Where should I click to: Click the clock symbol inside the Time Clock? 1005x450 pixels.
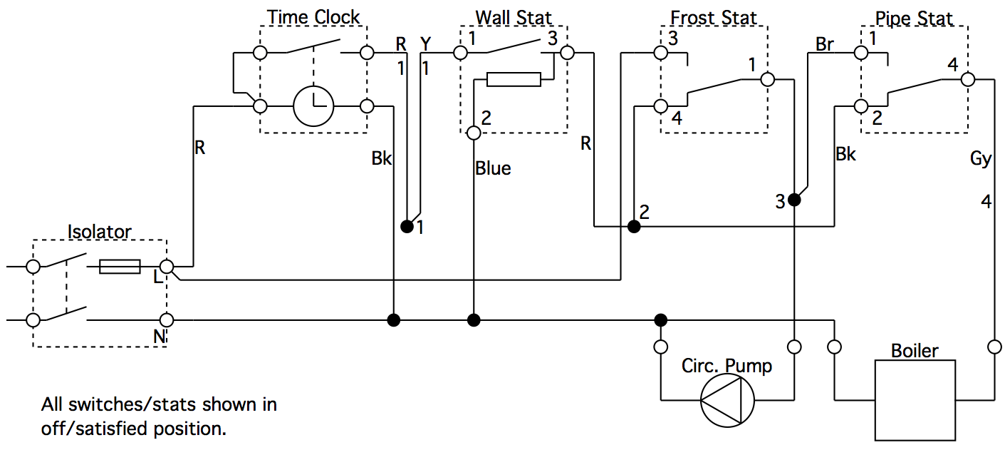click(313, 107)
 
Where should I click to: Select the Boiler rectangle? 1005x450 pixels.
click(915, 399)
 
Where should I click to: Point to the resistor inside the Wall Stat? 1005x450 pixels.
click(514, 79)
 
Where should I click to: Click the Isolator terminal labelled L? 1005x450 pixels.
click(166, 267)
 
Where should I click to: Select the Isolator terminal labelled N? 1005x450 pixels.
click(166, 320)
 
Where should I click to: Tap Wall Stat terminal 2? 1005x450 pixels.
click(474, 133)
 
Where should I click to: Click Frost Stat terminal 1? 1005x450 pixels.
click(766, 79)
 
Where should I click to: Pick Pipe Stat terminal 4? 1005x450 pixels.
click(967, 79)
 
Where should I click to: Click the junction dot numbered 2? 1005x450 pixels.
click(634, 227)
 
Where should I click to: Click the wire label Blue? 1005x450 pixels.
click(493, 169)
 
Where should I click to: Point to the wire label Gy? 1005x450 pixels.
click(981, 159)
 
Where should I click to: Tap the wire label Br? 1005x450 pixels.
click(825, 44)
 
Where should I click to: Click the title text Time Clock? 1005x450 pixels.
click(313, 16)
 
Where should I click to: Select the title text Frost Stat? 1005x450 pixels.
click(714, 17)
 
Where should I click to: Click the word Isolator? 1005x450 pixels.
click(99, 232)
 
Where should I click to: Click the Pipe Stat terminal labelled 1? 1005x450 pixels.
click(861, 53)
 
